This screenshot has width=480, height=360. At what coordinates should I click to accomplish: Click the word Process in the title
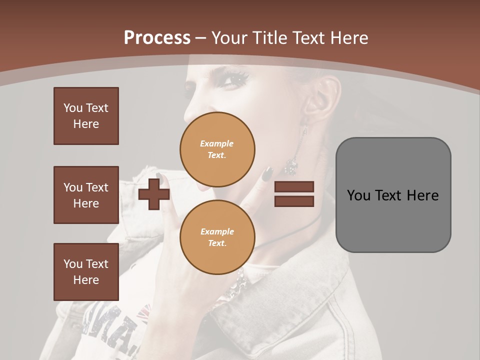point(157,37)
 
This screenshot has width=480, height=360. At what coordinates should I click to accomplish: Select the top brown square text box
point(86,116)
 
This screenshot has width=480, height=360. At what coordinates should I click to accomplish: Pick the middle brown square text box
point(86,195)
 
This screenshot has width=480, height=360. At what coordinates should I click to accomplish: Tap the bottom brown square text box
point(86,272)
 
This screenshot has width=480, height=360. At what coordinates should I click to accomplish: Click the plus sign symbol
point(154,194)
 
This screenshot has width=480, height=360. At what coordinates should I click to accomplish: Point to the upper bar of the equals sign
point(294,187)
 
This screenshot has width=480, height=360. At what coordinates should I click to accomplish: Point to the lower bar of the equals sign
point(294,201)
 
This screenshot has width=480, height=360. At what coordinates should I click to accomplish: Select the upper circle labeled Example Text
point(217,149)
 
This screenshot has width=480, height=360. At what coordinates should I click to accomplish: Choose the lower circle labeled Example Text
point(217,237)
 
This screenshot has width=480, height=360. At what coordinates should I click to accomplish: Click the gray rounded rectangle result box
point(393,195)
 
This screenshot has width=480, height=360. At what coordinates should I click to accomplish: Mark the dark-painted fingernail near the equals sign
point(268,173)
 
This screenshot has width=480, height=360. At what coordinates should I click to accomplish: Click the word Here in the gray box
point(422,195)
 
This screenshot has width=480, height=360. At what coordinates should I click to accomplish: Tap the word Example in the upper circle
point(217,143)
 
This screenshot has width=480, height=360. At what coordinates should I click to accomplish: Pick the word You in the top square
point(73,108)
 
